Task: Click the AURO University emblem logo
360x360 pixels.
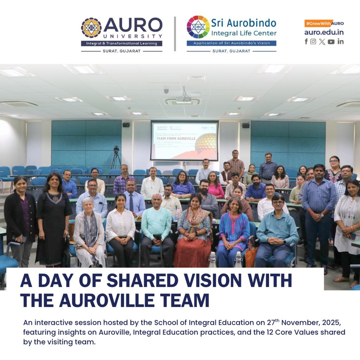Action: click(91, 28)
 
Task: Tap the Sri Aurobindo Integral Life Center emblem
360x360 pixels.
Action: click(198, 27)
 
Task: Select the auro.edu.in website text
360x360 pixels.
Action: click(324, 32)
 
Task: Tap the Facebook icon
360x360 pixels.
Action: click(306, 41)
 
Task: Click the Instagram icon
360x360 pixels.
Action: click(313, 41)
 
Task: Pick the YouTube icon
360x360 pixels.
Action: click(331, 41)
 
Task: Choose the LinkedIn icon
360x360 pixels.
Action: click(340, 41)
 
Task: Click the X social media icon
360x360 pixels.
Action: click(322, 41)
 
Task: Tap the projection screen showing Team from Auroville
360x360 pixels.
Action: click(184, 141)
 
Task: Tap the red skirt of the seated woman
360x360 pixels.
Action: click(192, 251)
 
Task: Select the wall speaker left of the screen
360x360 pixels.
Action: click(126, 124)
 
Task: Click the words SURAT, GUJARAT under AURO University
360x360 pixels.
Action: click(122, 51)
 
